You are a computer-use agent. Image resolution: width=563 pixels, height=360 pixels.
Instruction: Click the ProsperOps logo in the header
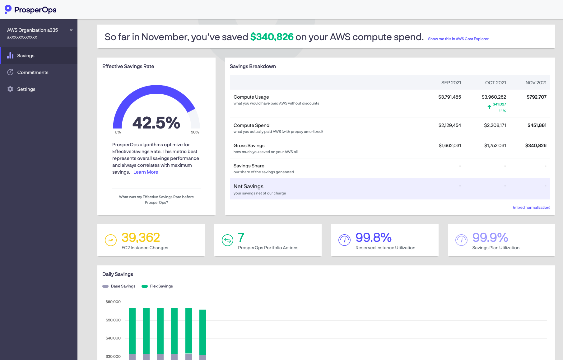(x=30, y=10)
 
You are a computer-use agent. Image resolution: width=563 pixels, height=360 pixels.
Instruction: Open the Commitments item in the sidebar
(x=33, y=72)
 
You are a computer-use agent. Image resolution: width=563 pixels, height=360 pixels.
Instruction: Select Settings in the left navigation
(x=26, y=89)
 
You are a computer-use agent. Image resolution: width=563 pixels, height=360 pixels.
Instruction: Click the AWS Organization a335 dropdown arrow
(x=71, y=30)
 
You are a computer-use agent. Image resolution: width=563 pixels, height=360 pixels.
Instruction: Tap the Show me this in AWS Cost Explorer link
(x=458, y=39)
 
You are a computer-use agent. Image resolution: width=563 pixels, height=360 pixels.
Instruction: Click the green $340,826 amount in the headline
(x=272, y=37)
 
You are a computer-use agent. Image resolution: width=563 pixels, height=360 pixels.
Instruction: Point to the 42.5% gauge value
(x=156, y=123)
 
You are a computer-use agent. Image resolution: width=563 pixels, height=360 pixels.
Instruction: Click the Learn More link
(x=146, y=172)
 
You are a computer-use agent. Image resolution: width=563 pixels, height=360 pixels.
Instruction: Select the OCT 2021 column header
(x=496, y=83)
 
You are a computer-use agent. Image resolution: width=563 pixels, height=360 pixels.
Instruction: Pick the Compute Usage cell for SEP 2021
(x=449, y=97)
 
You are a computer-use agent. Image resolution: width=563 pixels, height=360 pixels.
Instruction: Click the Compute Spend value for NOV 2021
(x=537, y=125)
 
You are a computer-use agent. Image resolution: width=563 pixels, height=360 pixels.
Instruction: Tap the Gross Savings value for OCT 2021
(x=495, y=146)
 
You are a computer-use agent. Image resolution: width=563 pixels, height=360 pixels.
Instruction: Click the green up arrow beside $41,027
(x=489, y=107)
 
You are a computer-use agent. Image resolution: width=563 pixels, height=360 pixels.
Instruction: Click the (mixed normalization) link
(x=531, y=208)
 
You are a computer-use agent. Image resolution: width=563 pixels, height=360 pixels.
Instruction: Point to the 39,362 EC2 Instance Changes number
(x=141, y=238)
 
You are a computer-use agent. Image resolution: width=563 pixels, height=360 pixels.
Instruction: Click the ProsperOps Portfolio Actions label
(x=268, y=248)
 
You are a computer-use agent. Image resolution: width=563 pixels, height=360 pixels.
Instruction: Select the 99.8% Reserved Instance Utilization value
(x=373, y=238)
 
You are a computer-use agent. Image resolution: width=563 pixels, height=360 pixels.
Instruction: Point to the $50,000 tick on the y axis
(x=113, y=320)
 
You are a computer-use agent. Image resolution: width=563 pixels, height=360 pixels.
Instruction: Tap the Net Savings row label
(x=248, y=186)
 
